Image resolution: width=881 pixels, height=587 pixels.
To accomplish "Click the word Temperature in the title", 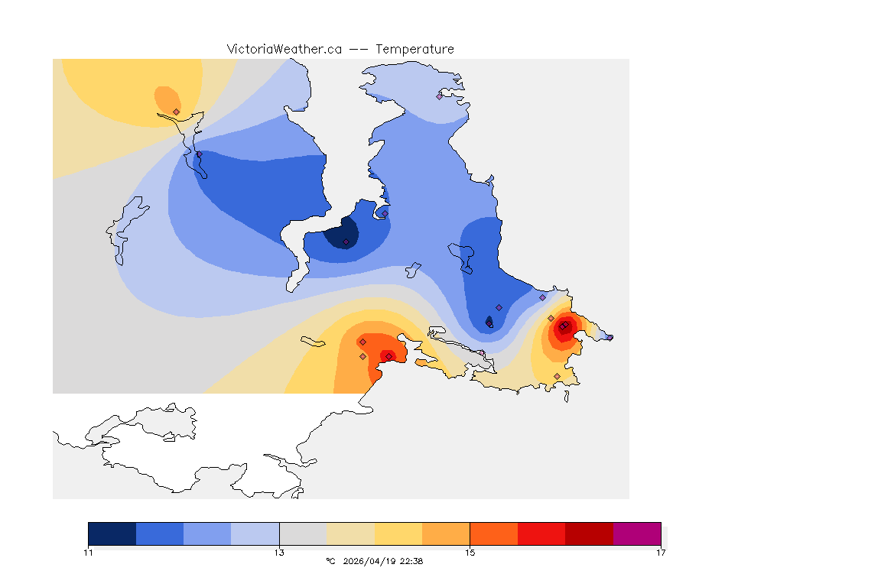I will click(x=414, y=49).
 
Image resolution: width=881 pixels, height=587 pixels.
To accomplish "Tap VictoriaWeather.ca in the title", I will click(x=284, y=49).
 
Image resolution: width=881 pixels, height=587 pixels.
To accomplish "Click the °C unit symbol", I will click(x=330, y=561).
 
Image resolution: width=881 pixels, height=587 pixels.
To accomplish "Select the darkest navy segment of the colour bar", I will click(x=112, y=533).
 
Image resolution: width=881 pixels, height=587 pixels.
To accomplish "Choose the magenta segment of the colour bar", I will click(x=637, y=533).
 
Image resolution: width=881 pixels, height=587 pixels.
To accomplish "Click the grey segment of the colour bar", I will click(x=303, y=533).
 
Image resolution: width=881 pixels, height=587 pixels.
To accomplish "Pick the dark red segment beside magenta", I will click(x=590, y=533).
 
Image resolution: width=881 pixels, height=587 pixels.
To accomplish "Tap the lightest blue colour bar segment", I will click(x=255, y=533).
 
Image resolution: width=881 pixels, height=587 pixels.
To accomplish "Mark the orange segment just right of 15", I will click(x=494, y=533).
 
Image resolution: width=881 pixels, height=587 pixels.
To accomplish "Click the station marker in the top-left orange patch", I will click(x=177, y=112).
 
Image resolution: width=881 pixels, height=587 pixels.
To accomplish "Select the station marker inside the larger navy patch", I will click(x=346, y=242).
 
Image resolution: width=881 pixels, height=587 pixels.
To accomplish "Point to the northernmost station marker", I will click(x=440, y=96).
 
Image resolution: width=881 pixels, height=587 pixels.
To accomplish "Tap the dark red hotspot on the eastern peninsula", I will click(x=563, y=327).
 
